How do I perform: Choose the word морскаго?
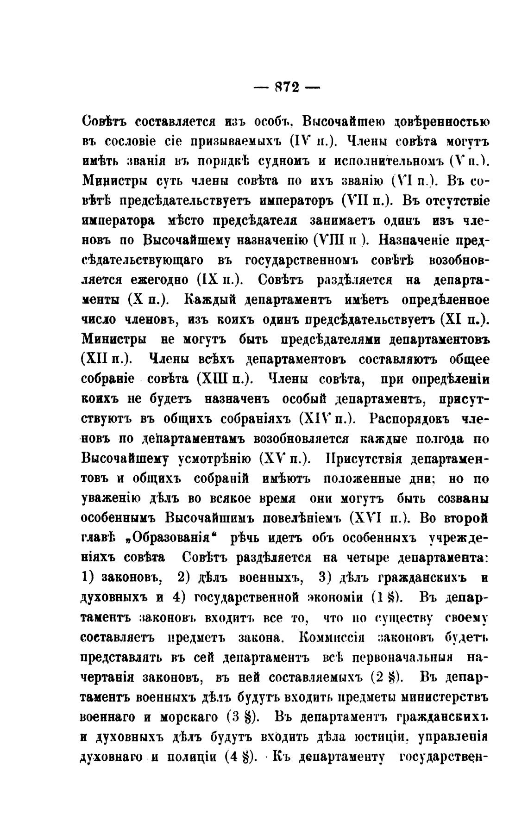pyautogui.click(x=189, y=717)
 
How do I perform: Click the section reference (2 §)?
pyautogui.click(x=386, y=677)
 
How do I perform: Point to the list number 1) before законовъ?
pyautogui.click(x=88, y=578)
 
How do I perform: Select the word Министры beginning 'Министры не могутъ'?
pyautogui.click(x=114, y=339)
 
